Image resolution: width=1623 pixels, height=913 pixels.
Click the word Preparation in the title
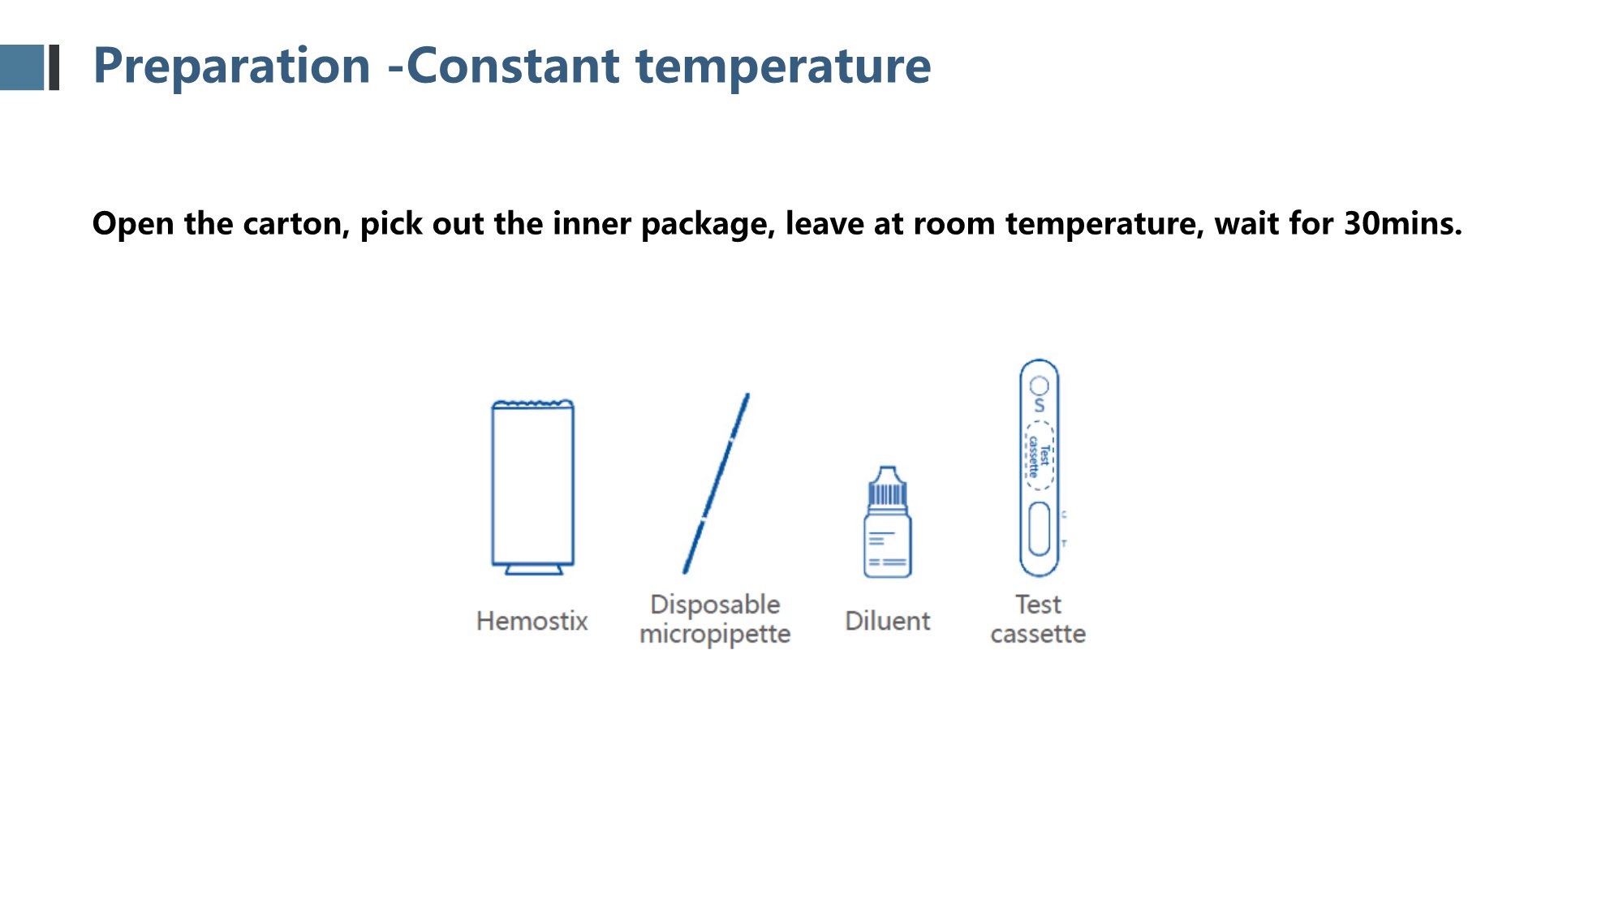pos(232,67)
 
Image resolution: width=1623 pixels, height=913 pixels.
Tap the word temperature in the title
pos(783,67)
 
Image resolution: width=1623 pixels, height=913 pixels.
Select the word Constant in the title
pos(513,66)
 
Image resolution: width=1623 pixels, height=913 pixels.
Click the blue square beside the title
pos(22,67)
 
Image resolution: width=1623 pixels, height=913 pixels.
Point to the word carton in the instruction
pos(296,224)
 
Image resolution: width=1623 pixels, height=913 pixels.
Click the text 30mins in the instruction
pos(1403,223)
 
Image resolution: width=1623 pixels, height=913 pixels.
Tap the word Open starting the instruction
pos(133,224)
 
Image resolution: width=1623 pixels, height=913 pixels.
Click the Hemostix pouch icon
pos(533,487)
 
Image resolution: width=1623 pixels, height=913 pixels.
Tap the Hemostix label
pos(532,621)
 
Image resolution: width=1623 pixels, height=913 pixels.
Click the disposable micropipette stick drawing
pos(716,484)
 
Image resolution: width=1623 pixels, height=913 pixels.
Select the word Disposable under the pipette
pos(715,605)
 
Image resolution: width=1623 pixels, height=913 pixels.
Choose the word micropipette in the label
pos(715,634)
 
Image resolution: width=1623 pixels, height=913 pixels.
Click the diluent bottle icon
pos(887,522)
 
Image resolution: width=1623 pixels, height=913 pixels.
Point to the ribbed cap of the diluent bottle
pos(887,493)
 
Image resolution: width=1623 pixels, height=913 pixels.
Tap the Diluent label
pos(887,621)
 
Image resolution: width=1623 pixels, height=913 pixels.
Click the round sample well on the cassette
pos(1040,385)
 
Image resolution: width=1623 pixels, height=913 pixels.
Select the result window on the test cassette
pos(1039,529)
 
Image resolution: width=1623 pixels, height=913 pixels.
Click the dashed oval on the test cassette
pos(1039,454)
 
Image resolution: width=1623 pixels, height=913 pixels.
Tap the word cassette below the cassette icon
pos(1038,634)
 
